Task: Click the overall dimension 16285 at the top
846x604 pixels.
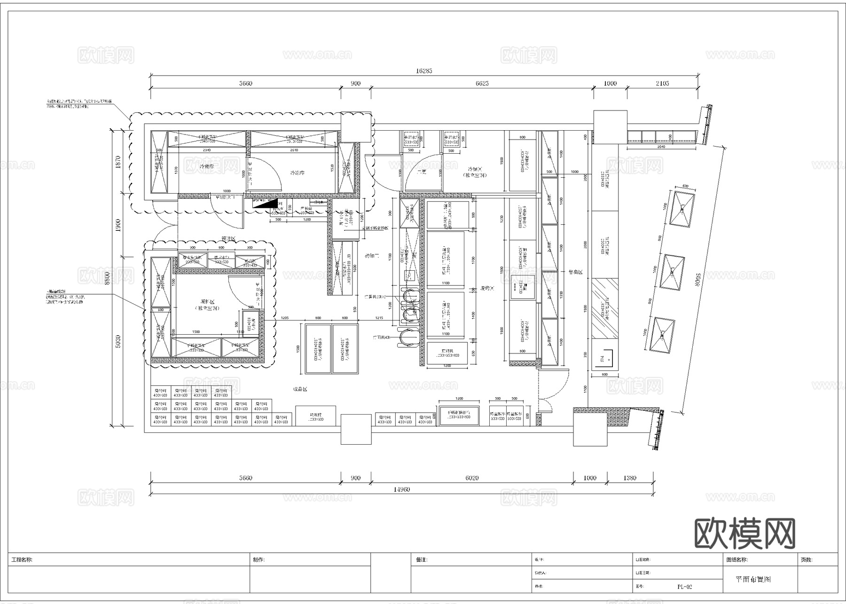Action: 423,71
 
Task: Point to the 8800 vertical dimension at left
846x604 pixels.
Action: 108,278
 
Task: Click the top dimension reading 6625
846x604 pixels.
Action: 482,83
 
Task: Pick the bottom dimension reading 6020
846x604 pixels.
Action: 472,478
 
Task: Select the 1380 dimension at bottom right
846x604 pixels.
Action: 630,478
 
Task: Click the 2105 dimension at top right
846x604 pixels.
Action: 662,83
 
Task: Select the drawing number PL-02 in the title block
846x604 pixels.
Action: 684,587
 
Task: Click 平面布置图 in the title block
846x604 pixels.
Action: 753,580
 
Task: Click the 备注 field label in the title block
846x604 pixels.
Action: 421,560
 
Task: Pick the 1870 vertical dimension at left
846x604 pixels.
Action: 118,162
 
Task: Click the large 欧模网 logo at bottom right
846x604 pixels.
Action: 744,533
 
